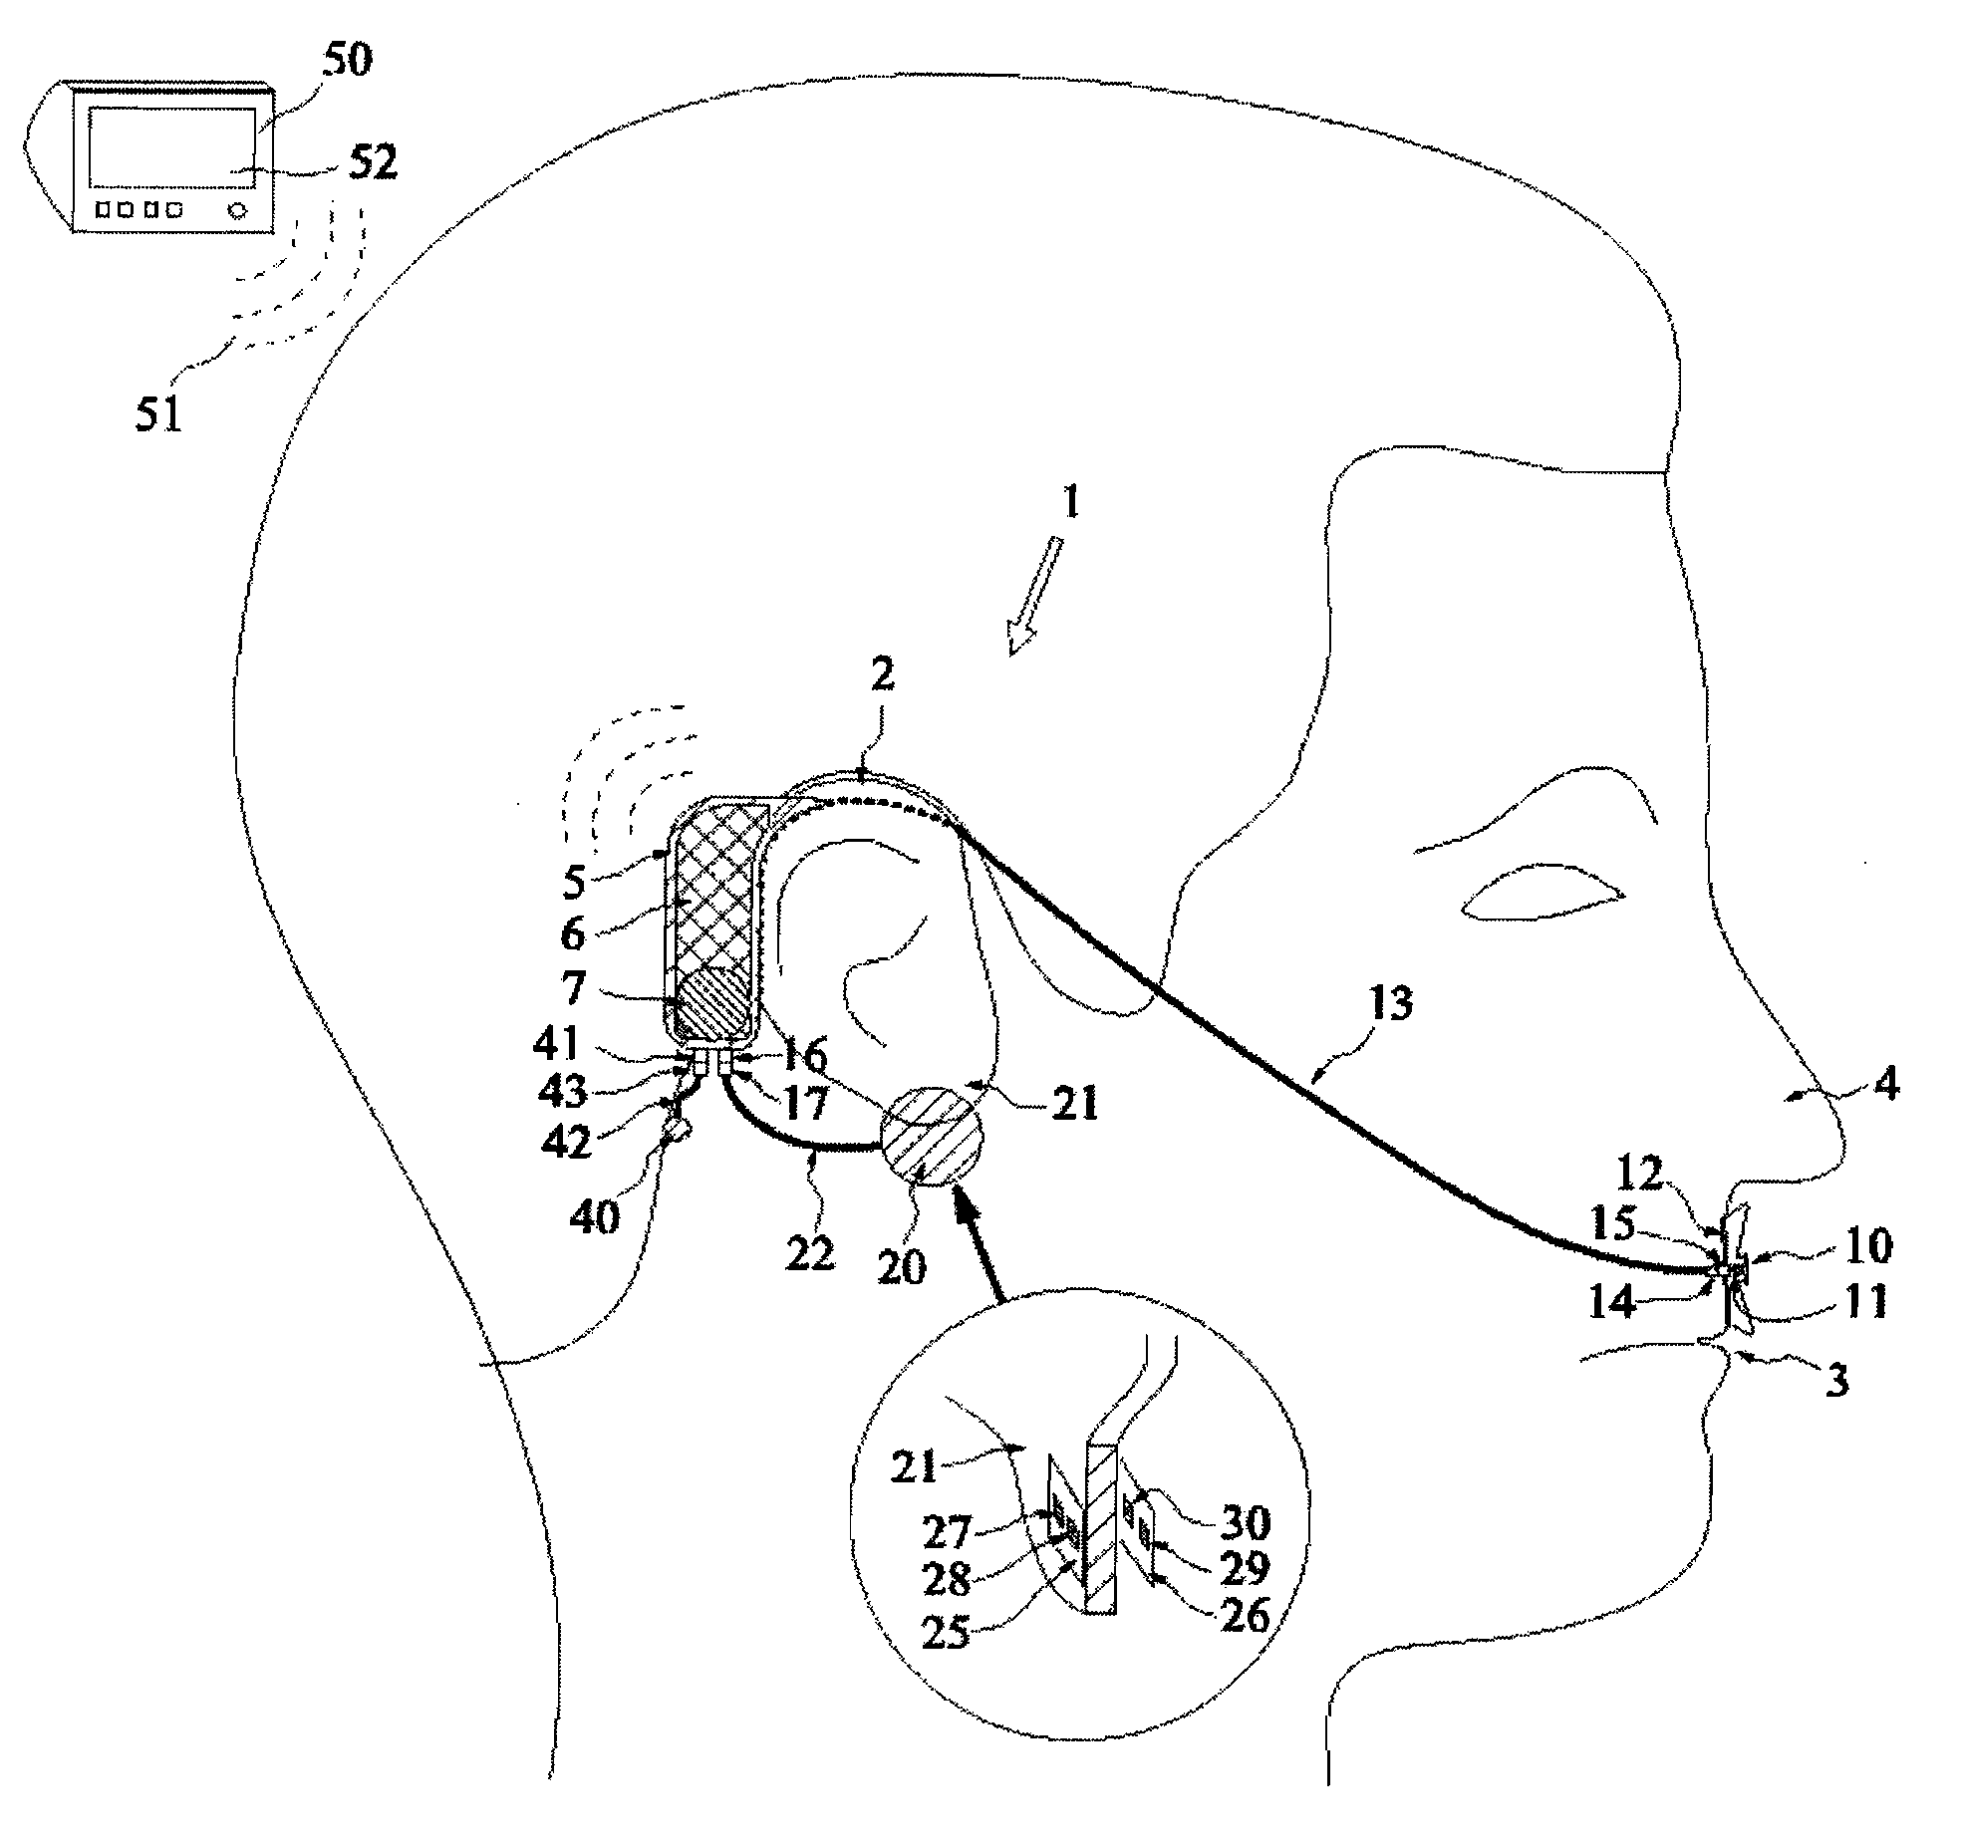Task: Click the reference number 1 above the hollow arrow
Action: [x=1069, y=503]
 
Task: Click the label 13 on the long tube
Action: [x=1391, y=1003]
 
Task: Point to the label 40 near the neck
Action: [x=595, y=1217]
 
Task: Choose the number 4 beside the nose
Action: [x=1886, y=1084]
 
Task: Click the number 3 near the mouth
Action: [x=1836, y=1380]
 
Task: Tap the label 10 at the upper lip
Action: [x=1868, y=1245]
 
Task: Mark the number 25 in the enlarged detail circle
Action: [x=946, y=1634]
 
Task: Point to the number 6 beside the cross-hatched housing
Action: [x=572, y=934]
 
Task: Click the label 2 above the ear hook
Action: [x=881, y=676]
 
